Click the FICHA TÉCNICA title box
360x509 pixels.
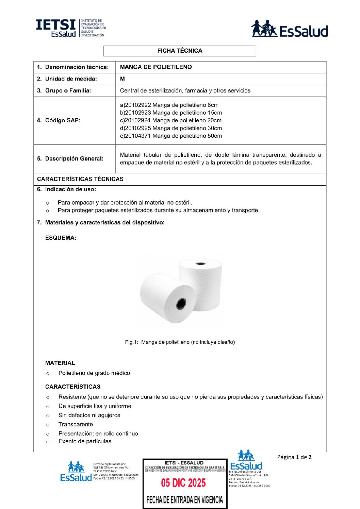pyautogui.click(x=180, y=51)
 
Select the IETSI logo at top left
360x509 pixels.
pyautogui.click(x=71, y=28)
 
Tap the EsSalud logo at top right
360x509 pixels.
pyautogui.click(x=289, y=29)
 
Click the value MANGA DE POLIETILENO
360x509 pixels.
pyautogui.click(x=156, y=67)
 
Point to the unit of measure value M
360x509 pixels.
pyautogui.click(x=122, y=79)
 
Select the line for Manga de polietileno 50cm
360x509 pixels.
pyautogui.click(x=171, y=136)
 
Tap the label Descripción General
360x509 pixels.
pyautogui.click(x=70, y=159)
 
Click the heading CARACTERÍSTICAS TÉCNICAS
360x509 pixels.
pyautogui.click(x=80, y=179)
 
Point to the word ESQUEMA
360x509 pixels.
pyautogui.click(x=61, y=238)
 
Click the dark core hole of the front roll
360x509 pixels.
pyautogui.click(x=181, y=304)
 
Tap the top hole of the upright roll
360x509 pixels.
pyautogui.click(x=200, y=263)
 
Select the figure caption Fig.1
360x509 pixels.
pyautogui.click(x=180, y=342)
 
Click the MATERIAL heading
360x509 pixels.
pyautogui.click(x=60, y=363)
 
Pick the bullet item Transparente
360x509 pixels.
pyautogui.click(x=76, y=424)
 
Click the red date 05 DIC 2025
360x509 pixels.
pyautogui.click(x=183, y=483)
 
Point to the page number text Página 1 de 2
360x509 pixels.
pyautogui.click(x=294, y=457)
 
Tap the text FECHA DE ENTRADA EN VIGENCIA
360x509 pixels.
pyautogui.click(x=184, y=500)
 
